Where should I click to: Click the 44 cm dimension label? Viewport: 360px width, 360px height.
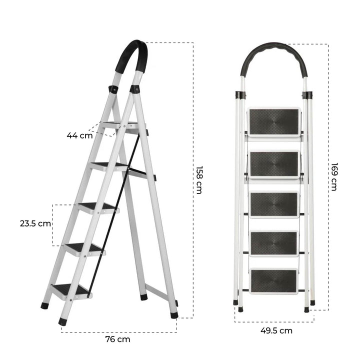(x=80, y=135)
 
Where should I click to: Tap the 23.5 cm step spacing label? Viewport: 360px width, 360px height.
(x=35, y=223)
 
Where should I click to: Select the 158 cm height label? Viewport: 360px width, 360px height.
(x=198, y=179)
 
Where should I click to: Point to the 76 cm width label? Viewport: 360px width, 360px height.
(x=117, y=339)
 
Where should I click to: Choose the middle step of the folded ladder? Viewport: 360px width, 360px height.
(x=274, y=204)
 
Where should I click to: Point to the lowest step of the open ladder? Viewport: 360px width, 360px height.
(x=70, y=289)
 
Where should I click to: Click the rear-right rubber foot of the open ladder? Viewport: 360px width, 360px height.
(x=174, y=315)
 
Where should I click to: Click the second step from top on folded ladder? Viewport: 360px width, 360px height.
(x=274, y=164)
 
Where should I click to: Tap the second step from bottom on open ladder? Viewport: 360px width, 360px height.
(x=83, y=247)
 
